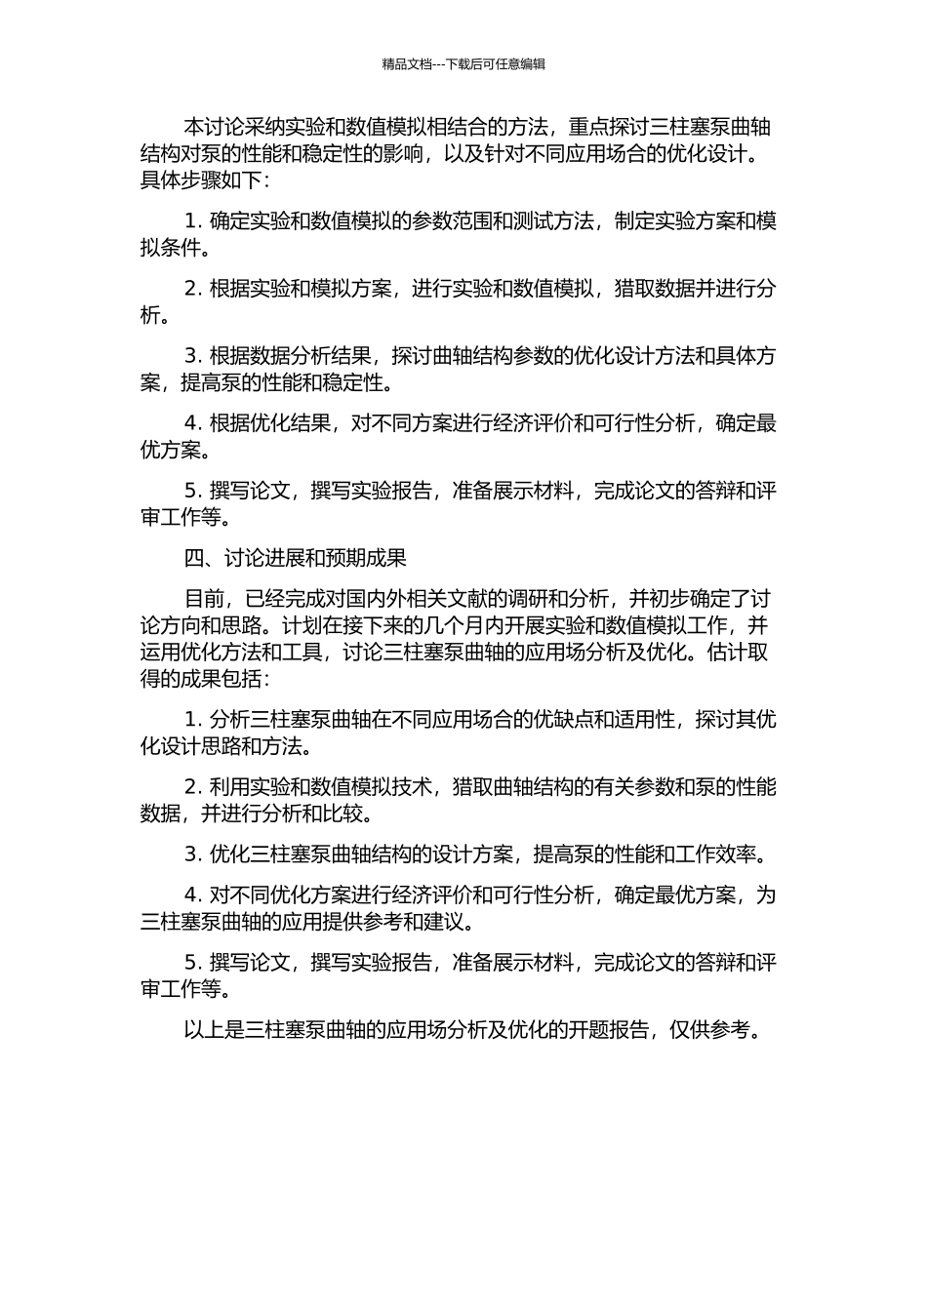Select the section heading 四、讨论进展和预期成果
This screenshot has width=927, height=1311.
[x=295, y=558]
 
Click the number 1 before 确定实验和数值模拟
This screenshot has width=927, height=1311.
[x=190, y=221]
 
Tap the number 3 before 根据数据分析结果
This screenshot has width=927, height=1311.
[x=190, y=356]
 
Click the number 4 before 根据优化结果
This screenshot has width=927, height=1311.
[x=190, y=423]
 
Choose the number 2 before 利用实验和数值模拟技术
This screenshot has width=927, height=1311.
[x=190, y=787]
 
